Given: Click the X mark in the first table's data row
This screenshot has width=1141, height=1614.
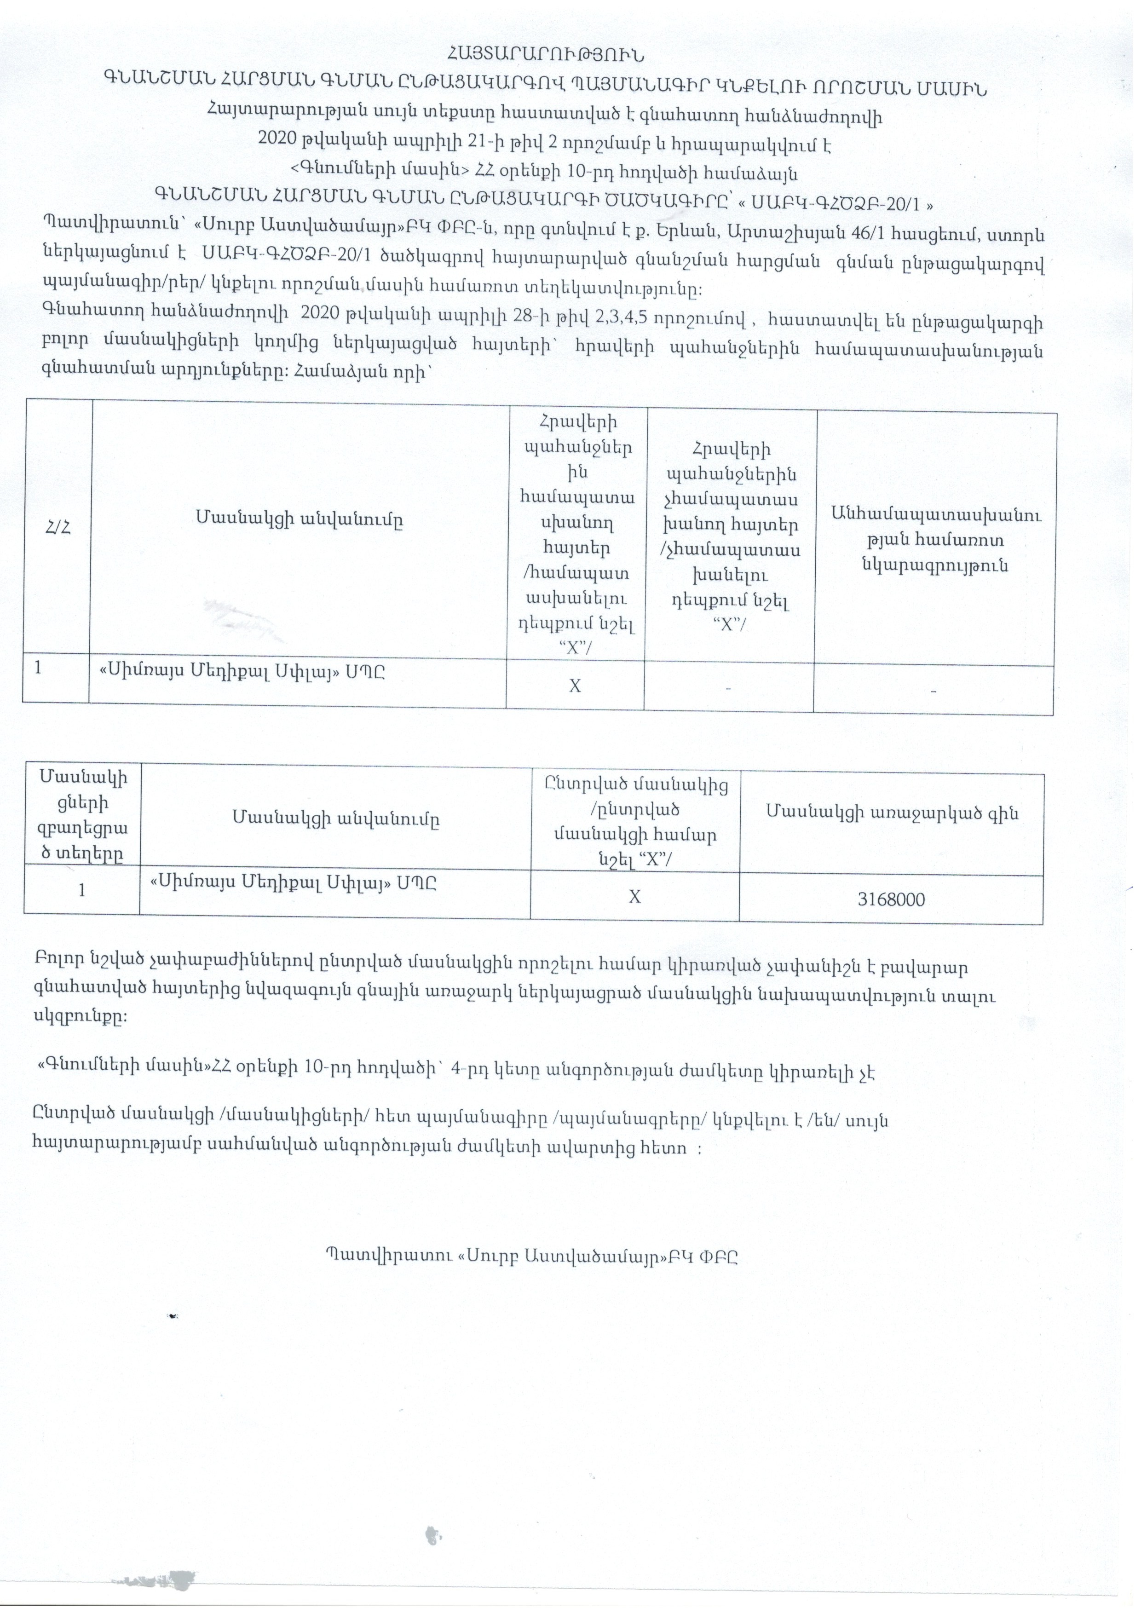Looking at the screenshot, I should (x=575, y=686).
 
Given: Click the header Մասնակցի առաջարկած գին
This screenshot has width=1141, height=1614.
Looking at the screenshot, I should (x=892, y=813).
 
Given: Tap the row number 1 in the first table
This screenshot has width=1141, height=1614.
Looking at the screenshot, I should (x=38, y=667).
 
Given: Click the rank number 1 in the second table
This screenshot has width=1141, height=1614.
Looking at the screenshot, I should (x=82, y=890).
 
